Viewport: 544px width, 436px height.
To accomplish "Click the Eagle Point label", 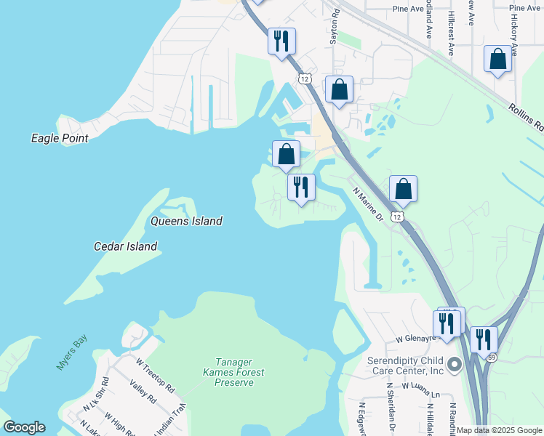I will tap(60, 138).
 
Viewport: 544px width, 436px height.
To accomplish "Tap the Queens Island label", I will tap(186, 221).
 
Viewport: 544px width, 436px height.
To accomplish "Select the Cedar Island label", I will tap(125, 246).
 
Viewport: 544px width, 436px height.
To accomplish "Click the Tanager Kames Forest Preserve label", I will tap(233, 372).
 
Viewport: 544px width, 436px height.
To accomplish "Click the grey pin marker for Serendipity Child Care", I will tap(455, 364).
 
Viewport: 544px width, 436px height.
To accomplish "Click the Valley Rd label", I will tap(143, 391).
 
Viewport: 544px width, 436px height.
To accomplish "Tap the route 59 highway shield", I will tap(492, 357).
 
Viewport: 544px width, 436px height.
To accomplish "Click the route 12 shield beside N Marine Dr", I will tap(396, 217).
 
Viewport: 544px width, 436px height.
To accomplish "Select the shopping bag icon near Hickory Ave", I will tap(497, 60).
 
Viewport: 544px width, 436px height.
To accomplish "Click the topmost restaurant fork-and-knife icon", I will tap(281, 40).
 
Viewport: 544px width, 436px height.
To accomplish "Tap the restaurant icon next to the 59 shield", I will tap(483, 339).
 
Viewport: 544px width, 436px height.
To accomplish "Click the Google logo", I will tap(24, 427).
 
